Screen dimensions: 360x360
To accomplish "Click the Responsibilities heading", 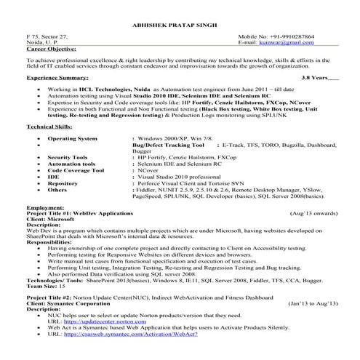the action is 50,242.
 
